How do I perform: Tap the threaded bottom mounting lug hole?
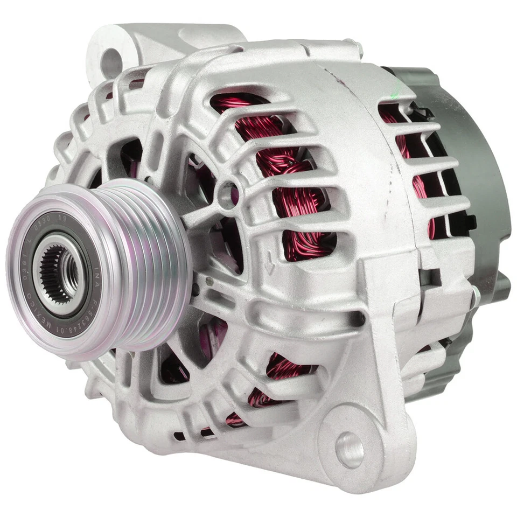pyautogui.click(x=350, y=449)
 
